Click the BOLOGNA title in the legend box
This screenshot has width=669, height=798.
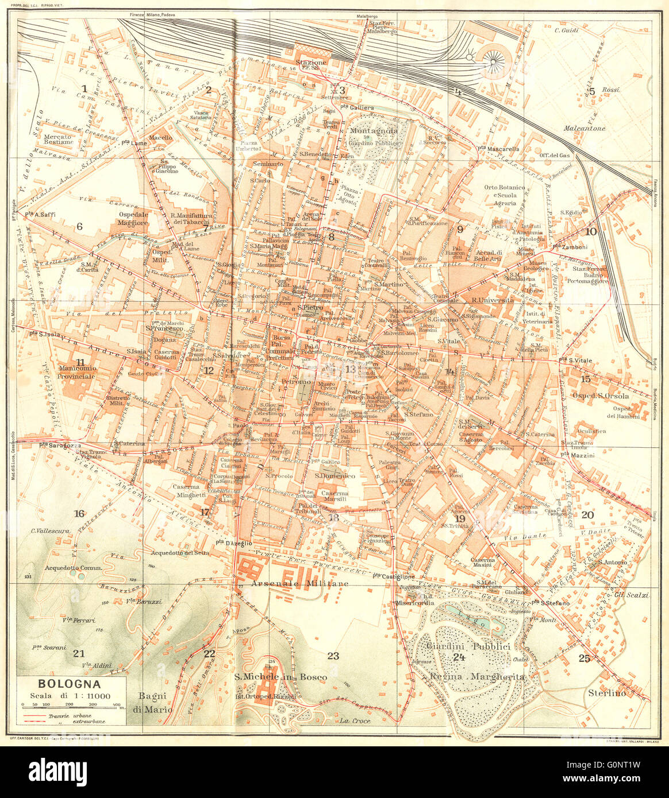pyautogui.click(x=70, y=684)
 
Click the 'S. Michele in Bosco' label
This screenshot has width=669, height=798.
pyautogui.click(x=280, y=677)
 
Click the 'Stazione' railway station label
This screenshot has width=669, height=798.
pyautogui.click(x=311, y=62)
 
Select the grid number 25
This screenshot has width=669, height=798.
pyautogui.click(x=585, y=658)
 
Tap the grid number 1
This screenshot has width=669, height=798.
pyautogui.click(x=84, y=88)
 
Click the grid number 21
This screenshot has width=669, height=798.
pyautogui.click(x=79, y=653)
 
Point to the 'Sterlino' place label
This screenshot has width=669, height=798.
pyautogui.click(x=603, y=693)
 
